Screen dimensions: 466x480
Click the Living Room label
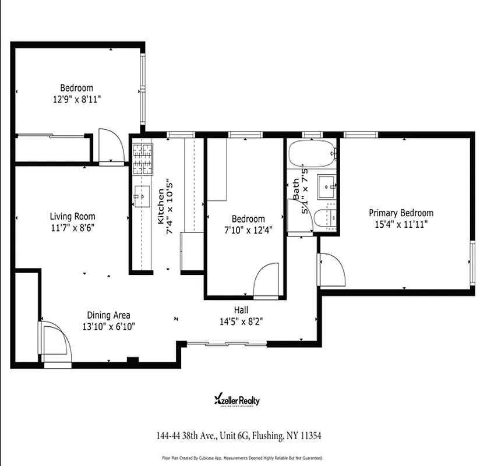pyautogui.click(x=72, y=217)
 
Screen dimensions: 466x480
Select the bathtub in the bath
pyautogui.click(x=312, y=153)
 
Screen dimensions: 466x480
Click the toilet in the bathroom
pyautogui.click(x=324, y=219)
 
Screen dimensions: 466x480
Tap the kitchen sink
pyautogui.click(x=141, y=196)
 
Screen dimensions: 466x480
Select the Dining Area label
pyautogui.click(x=108, y=315)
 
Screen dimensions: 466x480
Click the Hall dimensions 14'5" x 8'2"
pyautogui.click(x=241, y=320)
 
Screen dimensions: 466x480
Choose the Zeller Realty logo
pyautogui.click(x=238, y=400)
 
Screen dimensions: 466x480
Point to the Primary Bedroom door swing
pyautogui.click(x=331, y=270)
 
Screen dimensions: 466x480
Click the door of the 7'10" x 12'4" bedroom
pyautogui.click(x=267, y=281)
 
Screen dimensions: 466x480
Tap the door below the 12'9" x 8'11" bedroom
pyautogui.click(x=111, y=147)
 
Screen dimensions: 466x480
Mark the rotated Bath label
pyautogui.click(x=296, y=190)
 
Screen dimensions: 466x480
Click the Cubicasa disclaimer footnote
pyautogui.click(x=239, y=458)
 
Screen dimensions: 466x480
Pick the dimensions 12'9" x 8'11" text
pyautogui.click(x=77, y=99)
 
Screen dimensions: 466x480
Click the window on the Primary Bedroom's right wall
pyautogui.click(x=472, y=261)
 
